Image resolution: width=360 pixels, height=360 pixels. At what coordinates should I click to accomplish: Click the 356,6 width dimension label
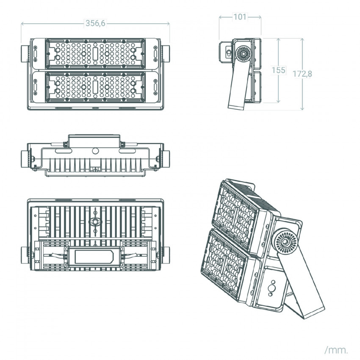tap(95, 23)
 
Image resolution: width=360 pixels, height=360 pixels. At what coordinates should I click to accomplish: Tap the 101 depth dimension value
tap(240, 17)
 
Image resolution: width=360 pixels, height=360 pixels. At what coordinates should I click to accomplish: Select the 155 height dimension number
tap(278, 70)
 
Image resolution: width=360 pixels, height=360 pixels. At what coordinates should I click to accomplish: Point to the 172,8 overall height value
tap(302, 74)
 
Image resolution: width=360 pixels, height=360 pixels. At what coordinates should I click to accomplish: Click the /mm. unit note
tap(336, 350)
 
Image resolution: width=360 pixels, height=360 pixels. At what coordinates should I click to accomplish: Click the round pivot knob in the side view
tap(244, 53)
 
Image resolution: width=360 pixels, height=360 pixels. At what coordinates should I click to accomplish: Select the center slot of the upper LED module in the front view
tap(95, 54)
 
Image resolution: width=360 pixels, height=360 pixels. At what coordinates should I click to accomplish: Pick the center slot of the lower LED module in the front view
tap(95, 87)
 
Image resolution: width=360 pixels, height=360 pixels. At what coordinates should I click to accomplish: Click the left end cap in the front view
tap(25, 54)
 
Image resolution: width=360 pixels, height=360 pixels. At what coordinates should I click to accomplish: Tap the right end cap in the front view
tap(166, 54)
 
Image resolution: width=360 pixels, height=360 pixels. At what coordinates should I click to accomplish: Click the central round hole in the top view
tap(95, 151)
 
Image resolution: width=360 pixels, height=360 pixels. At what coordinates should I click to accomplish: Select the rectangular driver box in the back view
tap(94, 257)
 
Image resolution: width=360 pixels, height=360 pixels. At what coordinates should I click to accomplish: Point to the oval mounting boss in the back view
tap(95, 222)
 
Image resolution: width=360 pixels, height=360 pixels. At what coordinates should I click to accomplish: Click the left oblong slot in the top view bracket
tap(63, 151)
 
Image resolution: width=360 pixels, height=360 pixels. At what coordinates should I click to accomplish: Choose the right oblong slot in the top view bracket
tap(127, 151)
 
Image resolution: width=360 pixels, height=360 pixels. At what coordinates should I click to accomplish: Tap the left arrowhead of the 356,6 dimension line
tap(22, 23)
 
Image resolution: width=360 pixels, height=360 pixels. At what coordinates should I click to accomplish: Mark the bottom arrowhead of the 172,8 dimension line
tap(302, 108)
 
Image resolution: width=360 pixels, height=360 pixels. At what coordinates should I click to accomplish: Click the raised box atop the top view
tap(94, 140)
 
